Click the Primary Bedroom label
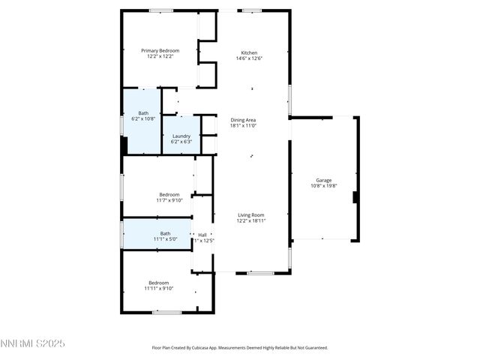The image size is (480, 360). coord(160,51)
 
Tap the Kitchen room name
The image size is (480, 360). coord(248,52)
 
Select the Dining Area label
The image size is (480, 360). coord(243,120)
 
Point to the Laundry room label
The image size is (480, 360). coord(181,136)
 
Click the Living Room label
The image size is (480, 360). coord(251,214)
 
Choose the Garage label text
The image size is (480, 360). coord(324,180)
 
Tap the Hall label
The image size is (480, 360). coord(202,235)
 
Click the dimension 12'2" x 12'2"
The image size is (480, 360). coord(160,57)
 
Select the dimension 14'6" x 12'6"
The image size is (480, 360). coord(248,58)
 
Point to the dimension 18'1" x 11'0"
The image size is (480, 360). coord(243,126)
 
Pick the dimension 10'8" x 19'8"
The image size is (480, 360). coord(324,186)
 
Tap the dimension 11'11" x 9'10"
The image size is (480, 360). coord(159,288)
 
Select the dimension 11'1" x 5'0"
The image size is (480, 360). coord(165,239)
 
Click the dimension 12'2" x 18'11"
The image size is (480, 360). coord(251,220)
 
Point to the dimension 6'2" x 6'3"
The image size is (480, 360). coord(181,142)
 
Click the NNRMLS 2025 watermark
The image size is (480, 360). coord(33,343)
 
